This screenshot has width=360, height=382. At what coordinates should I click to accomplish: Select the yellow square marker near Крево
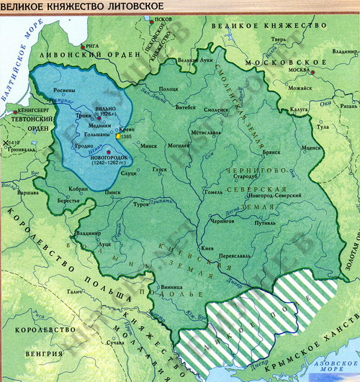pyautogui.click(x=118, y=135)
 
